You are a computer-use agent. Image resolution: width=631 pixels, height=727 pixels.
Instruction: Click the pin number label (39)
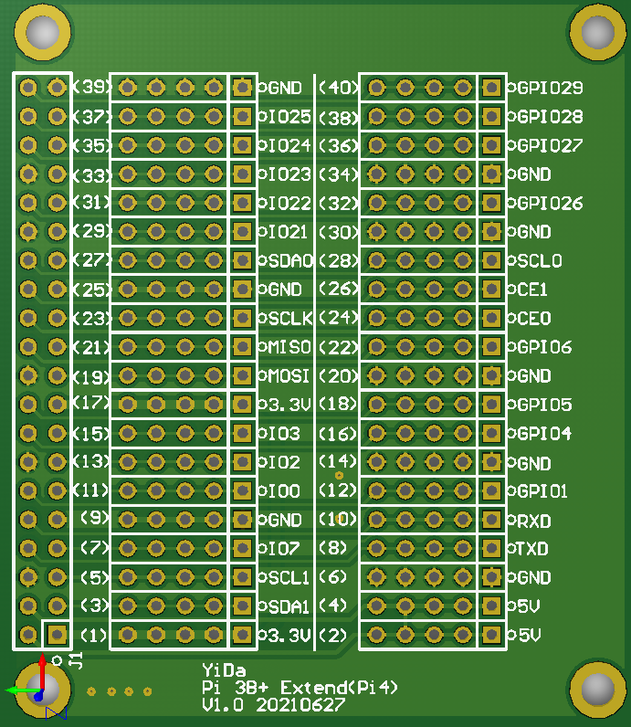(91, 88)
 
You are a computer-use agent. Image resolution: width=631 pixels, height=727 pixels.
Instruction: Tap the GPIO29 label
(550, 88)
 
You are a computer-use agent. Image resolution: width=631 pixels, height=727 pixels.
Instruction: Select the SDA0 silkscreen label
(289, 260)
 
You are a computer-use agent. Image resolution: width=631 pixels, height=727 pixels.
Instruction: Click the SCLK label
(289, 319)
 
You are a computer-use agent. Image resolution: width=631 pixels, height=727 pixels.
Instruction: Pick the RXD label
(533, 521)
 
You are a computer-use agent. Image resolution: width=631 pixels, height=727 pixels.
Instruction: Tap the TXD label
(533, 549)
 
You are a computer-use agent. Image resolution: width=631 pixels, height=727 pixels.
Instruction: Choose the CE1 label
(532, 290)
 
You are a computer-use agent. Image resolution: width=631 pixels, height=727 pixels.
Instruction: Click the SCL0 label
(539, 260)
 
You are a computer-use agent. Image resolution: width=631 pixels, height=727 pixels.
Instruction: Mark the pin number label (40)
(337, 88)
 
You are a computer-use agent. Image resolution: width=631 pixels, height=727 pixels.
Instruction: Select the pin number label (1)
(94, 635)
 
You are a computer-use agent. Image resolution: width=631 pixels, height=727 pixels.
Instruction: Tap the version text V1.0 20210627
(273, 705)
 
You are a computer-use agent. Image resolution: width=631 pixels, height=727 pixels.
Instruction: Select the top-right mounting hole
(597, 33)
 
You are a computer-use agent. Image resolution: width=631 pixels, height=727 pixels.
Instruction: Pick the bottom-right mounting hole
(597, 690)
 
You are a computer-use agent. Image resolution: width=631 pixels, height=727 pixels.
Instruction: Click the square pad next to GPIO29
(491, 88)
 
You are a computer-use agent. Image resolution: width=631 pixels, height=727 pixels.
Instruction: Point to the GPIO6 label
(544, 347)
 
